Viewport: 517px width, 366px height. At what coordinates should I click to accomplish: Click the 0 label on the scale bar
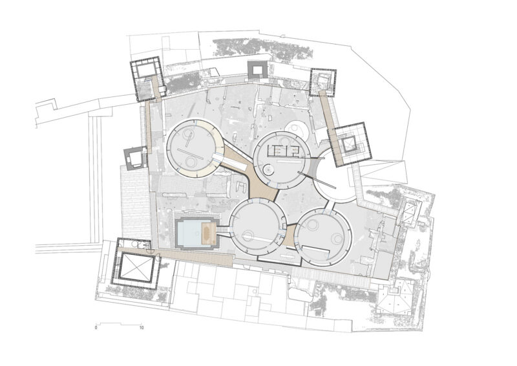point(96,328)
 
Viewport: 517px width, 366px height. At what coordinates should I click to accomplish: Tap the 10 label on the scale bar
point(142,328)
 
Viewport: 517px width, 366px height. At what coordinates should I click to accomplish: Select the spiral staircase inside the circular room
point(268,170)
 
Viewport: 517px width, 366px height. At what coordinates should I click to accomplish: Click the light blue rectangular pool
point(189,233)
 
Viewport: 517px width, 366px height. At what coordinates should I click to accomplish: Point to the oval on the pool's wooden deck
point(208,233)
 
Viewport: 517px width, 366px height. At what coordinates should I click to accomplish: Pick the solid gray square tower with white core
point(257,70)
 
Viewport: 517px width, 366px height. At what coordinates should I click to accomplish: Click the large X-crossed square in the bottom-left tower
point(136,266)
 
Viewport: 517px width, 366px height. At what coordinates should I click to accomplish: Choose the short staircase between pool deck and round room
point(223,230)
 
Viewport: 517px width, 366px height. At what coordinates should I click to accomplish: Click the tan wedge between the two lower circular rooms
point(289,235)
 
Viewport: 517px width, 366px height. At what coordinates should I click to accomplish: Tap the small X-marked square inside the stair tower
point(347,144)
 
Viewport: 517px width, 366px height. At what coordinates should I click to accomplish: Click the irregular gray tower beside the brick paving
point(134,158)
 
